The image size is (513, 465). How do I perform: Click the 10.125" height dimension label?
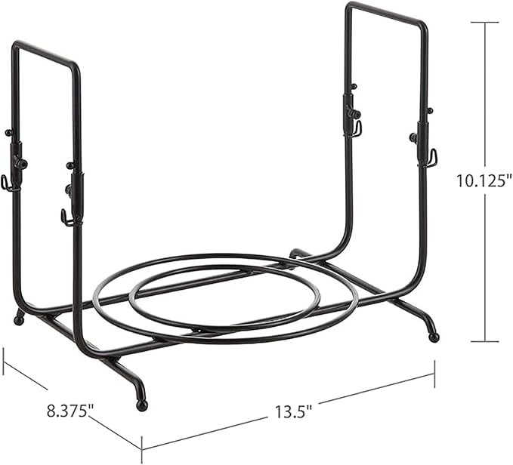coord(484,180)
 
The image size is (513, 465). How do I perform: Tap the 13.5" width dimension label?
coord(293,411)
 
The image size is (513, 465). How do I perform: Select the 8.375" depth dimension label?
coord(70,411)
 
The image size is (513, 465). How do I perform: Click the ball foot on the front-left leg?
coord(142,405)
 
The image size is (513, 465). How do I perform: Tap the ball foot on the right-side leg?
coord(434,337)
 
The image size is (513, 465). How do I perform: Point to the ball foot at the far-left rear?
coord(19,320)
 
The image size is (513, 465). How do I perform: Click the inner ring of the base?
coord(224,296)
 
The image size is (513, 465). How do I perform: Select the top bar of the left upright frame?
coord(46,54)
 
